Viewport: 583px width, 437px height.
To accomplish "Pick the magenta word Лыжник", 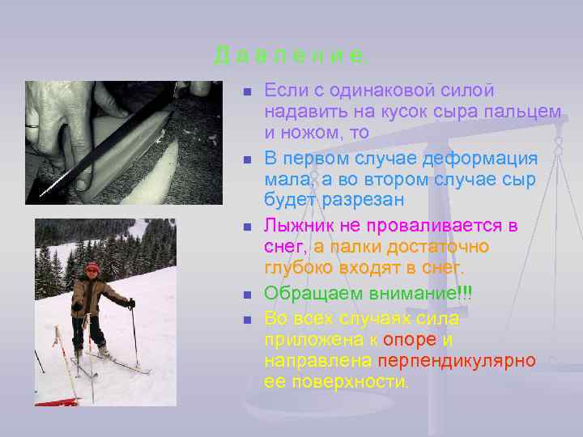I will click(305, 224).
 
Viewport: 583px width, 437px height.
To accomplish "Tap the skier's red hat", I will click(92, 268).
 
